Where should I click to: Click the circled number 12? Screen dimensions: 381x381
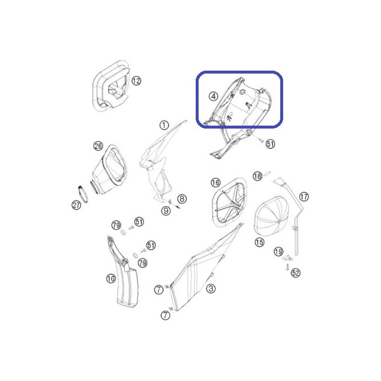[x=136, y=80]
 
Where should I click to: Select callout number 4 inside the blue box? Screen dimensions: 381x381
[x=213, y=97]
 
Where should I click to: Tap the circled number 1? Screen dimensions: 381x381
[x=164, y=126]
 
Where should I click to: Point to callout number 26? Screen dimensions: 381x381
[x=98, y=146]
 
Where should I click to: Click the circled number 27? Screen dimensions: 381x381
[x=76, y=205]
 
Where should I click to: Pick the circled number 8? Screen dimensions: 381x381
[x=182, y=199]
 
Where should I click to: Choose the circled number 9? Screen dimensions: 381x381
[x=166, y=210]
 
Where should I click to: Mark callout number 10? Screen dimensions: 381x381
[x=111, y=279]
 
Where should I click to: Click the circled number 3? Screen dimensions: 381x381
[x=211, y=288]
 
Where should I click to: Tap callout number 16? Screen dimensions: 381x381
[x=215, y=182]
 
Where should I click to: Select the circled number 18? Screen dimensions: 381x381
[x=258, y=176]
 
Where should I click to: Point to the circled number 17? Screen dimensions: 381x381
[x=304, y=196]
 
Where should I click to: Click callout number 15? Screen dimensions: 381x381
[x=259, y=242]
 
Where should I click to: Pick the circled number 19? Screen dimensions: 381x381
[x=279, y=251]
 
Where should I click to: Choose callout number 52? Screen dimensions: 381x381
[x=295, y=273]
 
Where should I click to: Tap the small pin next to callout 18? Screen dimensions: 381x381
[x=267, y=173]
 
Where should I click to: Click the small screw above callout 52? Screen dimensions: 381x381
[x=287, y=267]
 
